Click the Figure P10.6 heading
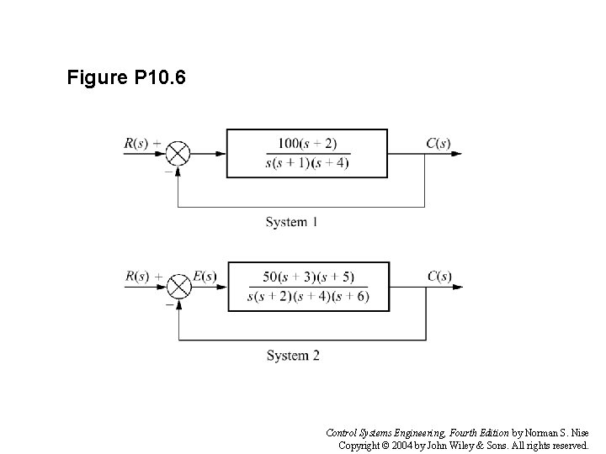click(x=126, y=79)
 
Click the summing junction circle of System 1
click(x=178, y=154)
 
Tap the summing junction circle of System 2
click(x=178, y=287)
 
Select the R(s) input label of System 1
click(x=136, y=143)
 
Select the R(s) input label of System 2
click(x=136, y=276)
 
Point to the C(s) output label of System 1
click(x=438, y=143)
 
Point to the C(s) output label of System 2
click(x=439, y=276)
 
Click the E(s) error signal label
click(x=205, y=276)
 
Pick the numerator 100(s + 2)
click(x=306, y=144)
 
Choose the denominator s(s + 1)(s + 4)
click(x=306, y=162)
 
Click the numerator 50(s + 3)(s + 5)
click(x=308, y=277)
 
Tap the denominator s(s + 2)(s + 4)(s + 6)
click(x=308, y=296)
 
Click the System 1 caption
click(x=291, y=223)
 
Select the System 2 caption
click(x=292, y=356)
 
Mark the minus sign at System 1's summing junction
click(x=167, y=171)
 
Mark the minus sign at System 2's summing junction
click(x=167, y=304)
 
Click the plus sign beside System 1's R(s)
click(x=157, y=142)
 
